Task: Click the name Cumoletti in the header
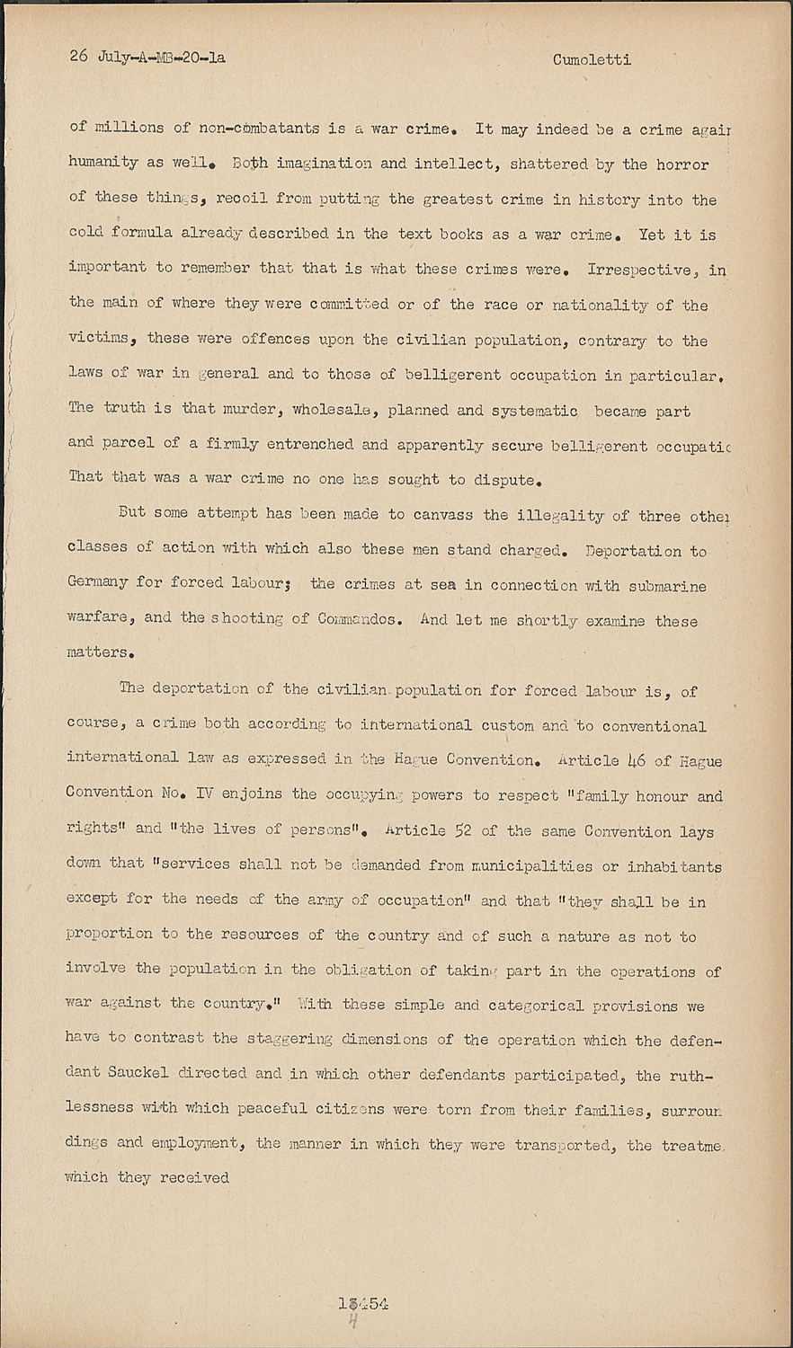point(592,60)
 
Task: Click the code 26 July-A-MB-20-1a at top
point(147,58)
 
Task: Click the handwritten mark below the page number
point(353,1323)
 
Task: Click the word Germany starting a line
point(97,582)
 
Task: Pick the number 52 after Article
point(462,830)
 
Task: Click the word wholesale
point(337,410)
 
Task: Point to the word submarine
point(664,586)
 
